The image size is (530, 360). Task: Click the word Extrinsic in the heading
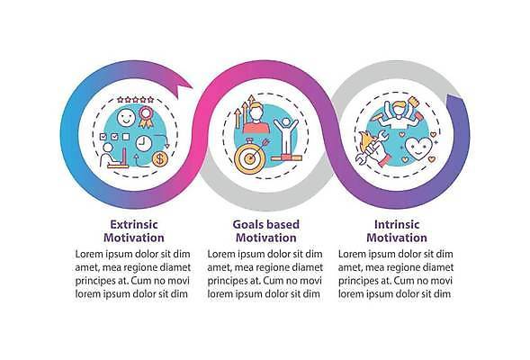pyautogui.click(x=134, y=224)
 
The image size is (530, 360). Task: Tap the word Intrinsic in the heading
pyautogui.click(x=397, y=224)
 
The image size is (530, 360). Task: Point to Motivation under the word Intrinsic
pyautogui.click(x=397, y=238)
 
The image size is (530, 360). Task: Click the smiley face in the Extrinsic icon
pyautogui.click(x=126, y=118)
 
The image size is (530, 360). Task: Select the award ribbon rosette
pyautogui.click(x=146, y=117)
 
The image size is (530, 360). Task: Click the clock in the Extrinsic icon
pyautogui.click(x=144, y=143)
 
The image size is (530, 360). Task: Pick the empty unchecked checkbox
pyautogui.click(x=126, y=137)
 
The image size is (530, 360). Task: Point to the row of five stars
pyautogui.click(x=136, y=99)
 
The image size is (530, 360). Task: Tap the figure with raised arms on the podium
pyautogui.click(x=286, y=136)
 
